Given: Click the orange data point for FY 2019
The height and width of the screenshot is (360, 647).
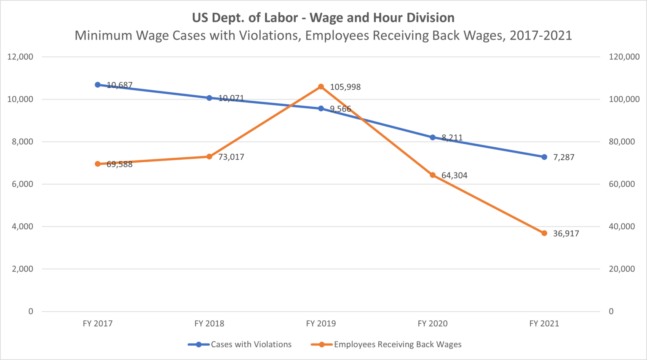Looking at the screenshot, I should (321, 87).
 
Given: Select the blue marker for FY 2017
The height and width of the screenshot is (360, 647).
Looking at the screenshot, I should (98, 85).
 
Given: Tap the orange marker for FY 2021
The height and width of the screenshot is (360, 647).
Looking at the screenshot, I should (544, 233).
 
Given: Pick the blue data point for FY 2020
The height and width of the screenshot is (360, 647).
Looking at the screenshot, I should (433, 137).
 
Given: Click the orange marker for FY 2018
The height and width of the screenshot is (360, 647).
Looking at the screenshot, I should (209, 157).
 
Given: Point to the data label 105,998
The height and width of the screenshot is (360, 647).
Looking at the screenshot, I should (345, 87).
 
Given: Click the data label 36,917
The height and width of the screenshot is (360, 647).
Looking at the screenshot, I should (566, 234).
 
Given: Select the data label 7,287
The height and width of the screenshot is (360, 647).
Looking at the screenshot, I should (564, 157).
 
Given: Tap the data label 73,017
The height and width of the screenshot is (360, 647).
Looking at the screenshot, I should (231, 157).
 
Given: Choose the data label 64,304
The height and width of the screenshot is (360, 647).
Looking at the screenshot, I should (454, 176).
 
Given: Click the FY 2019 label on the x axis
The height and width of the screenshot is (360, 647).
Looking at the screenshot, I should (321, 324).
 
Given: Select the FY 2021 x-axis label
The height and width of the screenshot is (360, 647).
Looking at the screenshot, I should (544, 324).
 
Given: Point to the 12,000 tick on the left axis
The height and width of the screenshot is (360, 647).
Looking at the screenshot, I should (20, 57).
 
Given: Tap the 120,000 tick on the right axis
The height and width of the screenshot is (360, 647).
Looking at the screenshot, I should (624, 57).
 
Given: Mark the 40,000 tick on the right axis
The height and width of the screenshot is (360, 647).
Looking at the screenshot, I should (622, 227).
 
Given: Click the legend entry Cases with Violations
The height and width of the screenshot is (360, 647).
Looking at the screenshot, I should (251, 344).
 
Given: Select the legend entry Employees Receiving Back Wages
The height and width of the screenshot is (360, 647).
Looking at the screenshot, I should (398, 344).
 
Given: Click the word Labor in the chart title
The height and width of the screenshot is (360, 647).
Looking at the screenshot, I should (281, 18).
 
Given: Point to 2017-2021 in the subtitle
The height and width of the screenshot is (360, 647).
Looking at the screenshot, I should (540, 35).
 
